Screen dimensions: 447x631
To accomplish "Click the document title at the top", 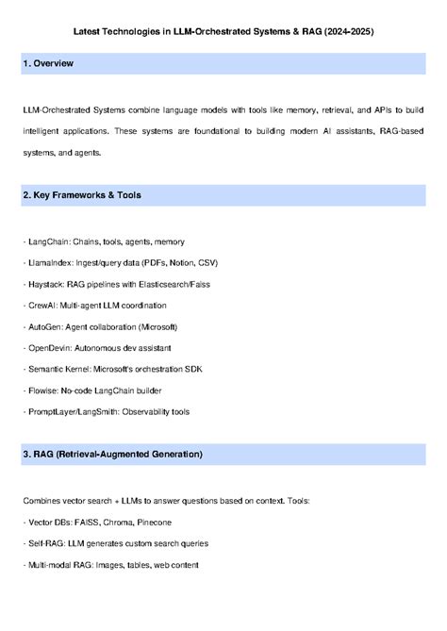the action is tap(223, 31).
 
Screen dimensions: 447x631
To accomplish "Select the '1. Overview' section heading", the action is tap(47, 64).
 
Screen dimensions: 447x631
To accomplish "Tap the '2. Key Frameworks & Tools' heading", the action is tap(81, 195).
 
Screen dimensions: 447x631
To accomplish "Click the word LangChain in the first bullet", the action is tap(48, 242).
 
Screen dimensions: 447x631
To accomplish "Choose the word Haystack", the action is tap(45, 285).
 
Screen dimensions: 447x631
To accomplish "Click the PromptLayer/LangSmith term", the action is tap(74, 411).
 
